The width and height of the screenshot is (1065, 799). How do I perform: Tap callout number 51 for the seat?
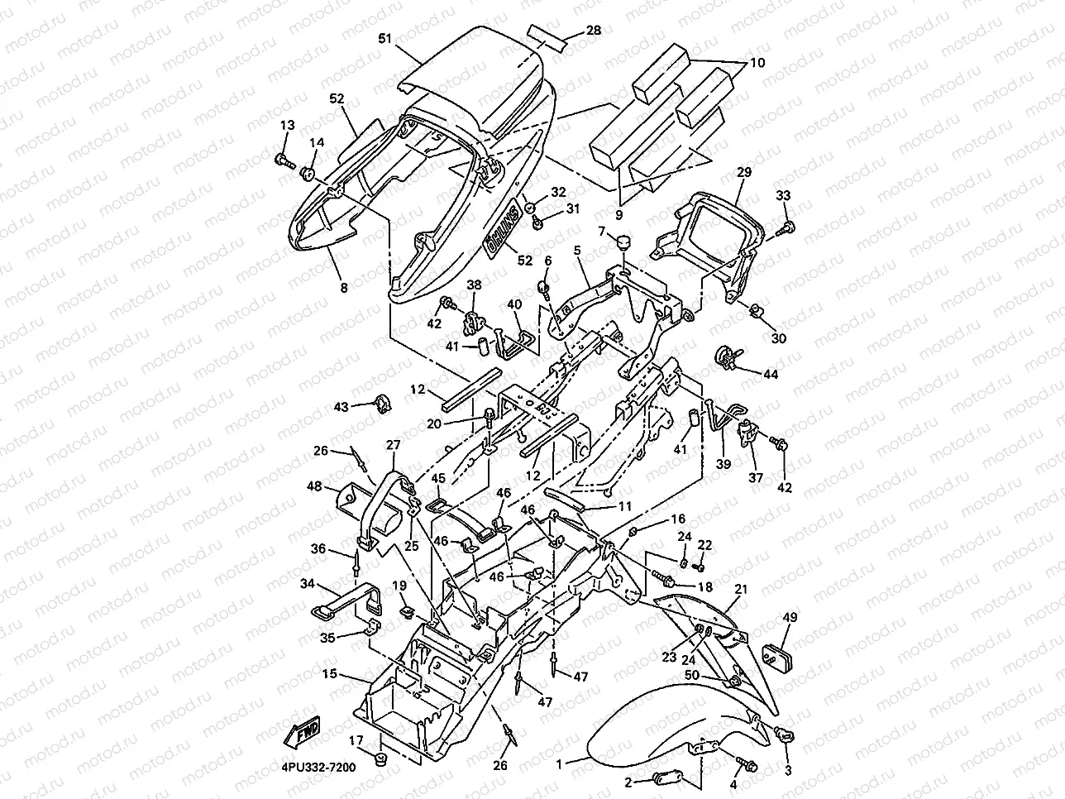[384, 38]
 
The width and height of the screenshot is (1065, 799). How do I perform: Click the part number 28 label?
[594, 31]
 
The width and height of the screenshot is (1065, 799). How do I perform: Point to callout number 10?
[757, 63]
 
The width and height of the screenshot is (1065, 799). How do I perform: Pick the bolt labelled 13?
[284, 159]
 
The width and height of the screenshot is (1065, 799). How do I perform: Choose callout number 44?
[771, 375]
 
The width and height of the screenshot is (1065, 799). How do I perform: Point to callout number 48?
[313, 486]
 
